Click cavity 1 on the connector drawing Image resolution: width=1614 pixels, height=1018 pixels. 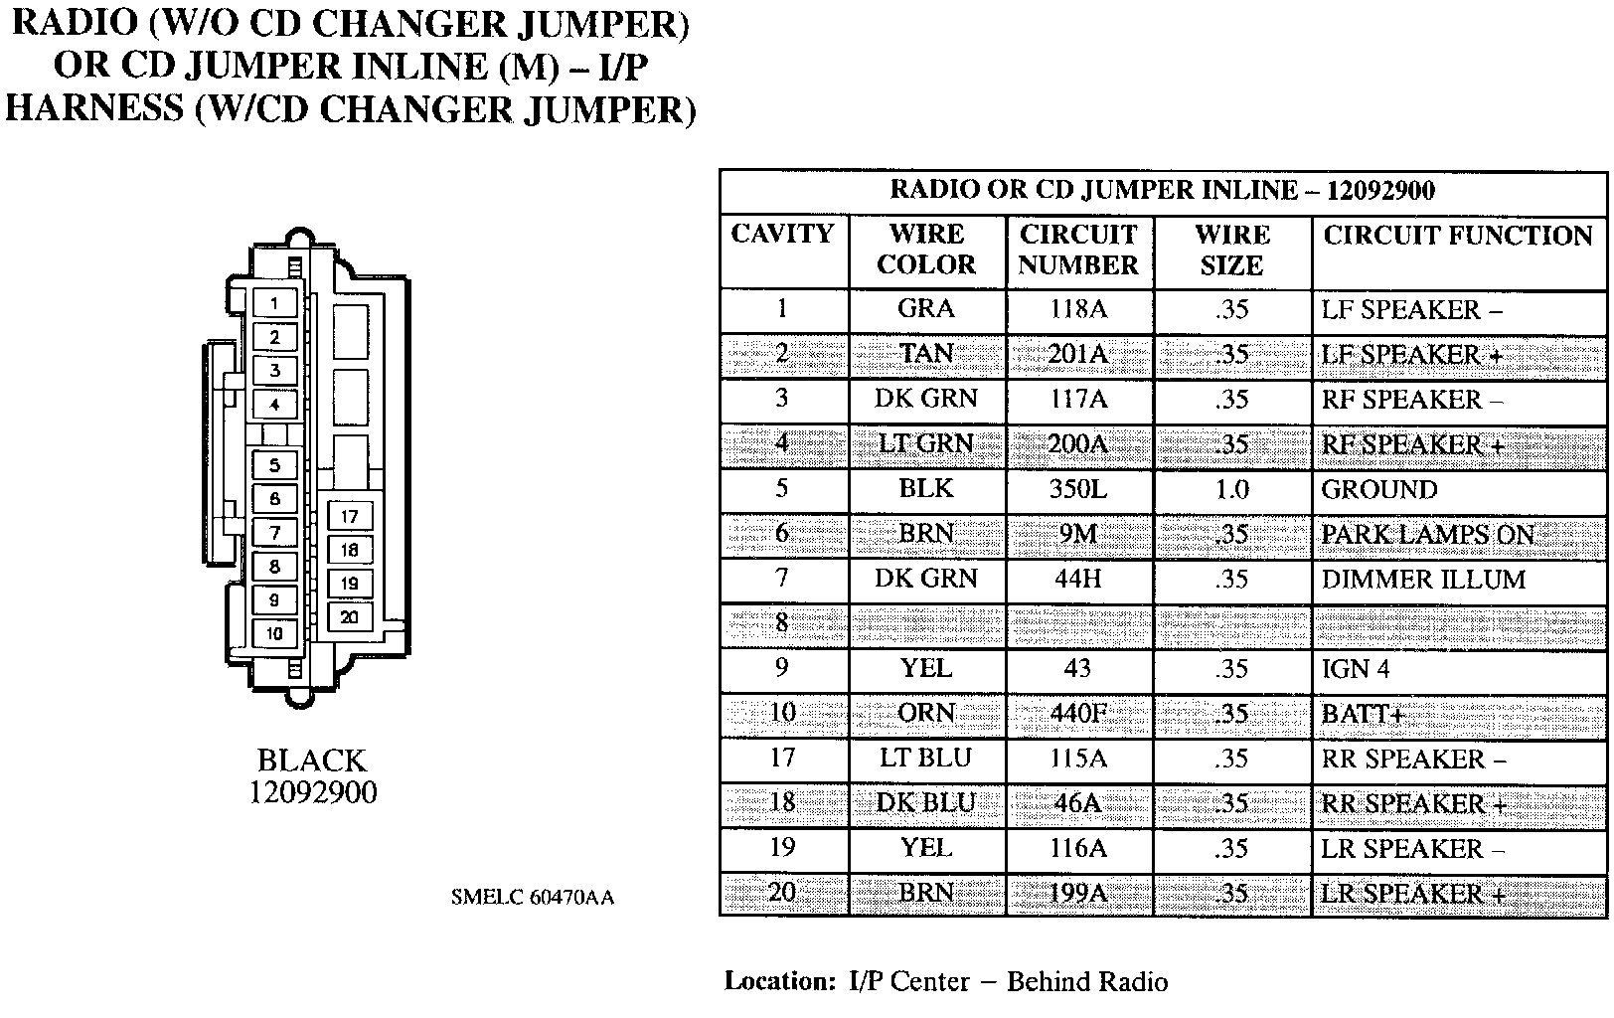(x=274, y=303)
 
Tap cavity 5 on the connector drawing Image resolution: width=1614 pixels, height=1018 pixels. (x=274, y=464)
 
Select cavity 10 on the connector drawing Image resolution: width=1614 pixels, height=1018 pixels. (x=274, y=633)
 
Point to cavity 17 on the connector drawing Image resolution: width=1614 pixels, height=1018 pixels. (x=349, y=516)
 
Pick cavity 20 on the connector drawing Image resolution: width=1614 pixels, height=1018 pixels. (x=349, y=617)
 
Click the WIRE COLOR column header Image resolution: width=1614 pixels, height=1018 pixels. (x=926, y=250)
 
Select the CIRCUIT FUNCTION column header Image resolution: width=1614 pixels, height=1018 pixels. (x=1457, y=236)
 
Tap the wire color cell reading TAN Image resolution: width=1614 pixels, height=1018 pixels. (x=926, y=354)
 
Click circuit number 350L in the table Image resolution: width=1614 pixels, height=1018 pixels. (x=1078, y=489)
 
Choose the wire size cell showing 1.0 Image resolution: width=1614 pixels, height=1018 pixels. (x=1231, y=489)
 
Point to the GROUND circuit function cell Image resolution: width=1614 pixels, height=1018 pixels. (x=1378, y=489)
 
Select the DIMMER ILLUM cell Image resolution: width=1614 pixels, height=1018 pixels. (x=1422, y=580)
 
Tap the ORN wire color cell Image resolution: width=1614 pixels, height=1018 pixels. (x=926, y=714)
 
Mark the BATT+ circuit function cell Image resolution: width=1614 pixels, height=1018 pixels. (x=1362, y=714)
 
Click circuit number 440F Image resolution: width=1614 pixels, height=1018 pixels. (x=1078, y=714)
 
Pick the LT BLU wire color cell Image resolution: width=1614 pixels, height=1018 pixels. (x=925, y=759)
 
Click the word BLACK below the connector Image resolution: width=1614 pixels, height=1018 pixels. (x=311, y=761)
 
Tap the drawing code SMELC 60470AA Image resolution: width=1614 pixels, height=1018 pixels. (x=533, y=897)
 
